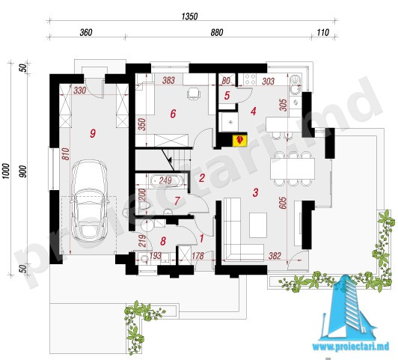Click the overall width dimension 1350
click(x=189, y=16)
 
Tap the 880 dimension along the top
click(x=217, y=32)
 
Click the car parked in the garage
click(x=90, y=201)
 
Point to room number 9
click(x=93, y=133)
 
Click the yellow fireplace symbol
click(x=239, y=140)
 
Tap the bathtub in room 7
click(x=166, y=181)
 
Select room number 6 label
click(x=173, y=114)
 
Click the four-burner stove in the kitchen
click(x=250, y=79)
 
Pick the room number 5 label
click(x=227, y=96)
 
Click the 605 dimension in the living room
click(x=283, y=203)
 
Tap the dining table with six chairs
click(x=293, y=168)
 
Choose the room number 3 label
click(x=255, y=192)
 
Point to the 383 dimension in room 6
click(x=168, y=80)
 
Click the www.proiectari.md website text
click(x=351, y=347)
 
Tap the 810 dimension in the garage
click(x=65, y=154)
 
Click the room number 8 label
click(x=163, y=241)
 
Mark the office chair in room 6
click(x=194, y=94)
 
